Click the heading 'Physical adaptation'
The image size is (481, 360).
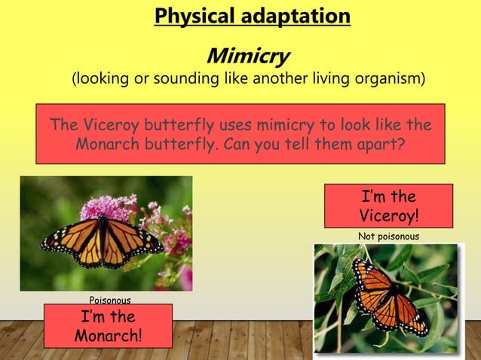(x=252, y=16)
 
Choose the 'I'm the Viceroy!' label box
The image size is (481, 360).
(x=388, y=206)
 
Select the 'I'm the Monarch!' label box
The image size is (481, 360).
(x=108, y=326)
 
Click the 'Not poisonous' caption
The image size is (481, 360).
(x=388, y=236)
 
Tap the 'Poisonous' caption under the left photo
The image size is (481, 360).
(x=110, y=301)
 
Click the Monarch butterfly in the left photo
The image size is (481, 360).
(x=103, y=241)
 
